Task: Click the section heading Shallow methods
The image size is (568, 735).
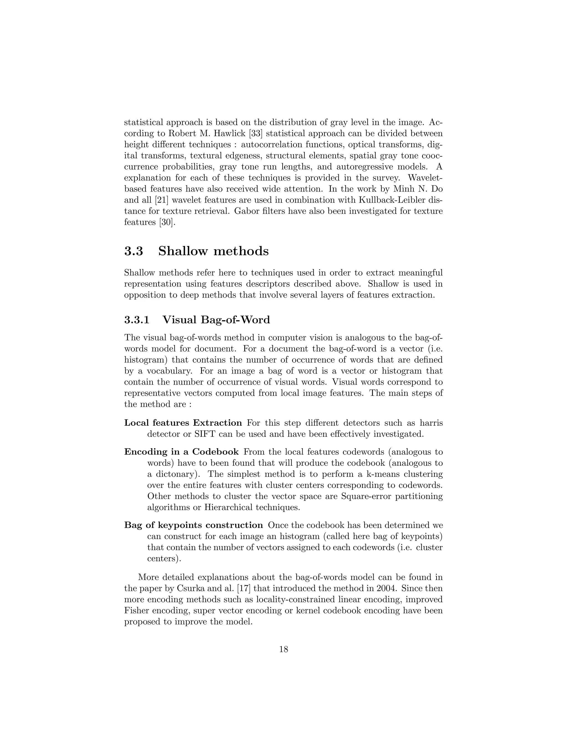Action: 213,251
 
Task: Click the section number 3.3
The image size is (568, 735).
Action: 134,251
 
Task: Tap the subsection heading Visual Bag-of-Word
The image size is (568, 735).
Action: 216,320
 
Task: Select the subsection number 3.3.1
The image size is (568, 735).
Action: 137,320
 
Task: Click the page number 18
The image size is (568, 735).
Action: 284,650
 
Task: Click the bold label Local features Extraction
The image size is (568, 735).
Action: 183,423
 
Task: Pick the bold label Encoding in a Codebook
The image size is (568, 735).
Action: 181,452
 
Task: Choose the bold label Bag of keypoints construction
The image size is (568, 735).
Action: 194,525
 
